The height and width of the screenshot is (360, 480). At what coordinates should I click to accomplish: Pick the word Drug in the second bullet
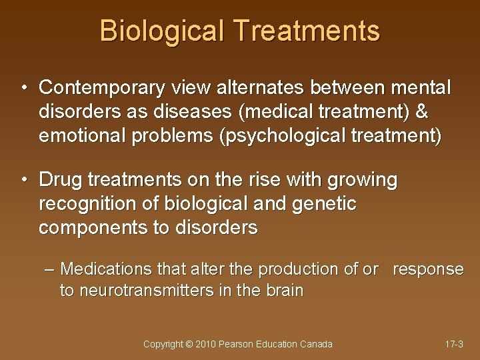[59, 180]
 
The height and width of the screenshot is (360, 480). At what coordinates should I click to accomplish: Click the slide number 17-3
[454, 344]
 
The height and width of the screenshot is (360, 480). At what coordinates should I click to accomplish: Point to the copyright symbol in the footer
[189, 344]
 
